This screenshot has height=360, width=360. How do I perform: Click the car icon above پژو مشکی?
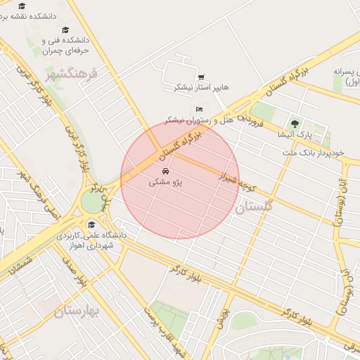click(x=165, y=172)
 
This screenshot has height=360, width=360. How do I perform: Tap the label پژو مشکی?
click(x=165, y=182)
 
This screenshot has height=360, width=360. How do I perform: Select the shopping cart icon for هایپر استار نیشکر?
click(x=201, y=77)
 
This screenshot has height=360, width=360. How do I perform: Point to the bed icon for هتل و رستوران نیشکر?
click(x=199, y=110)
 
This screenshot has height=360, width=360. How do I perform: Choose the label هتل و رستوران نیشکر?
click(x=188, y=120)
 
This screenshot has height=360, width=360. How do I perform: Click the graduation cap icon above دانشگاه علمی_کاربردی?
click(x=91, y=225)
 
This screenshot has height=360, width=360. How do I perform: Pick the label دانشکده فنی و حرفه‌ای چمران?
click(x=67, y=46)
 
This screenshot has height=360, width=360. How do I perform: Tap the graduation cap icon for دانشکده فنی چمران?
click(x=65, y=30)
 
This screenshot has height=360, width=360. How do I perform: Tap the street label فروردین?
click(x=250, y=118)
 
